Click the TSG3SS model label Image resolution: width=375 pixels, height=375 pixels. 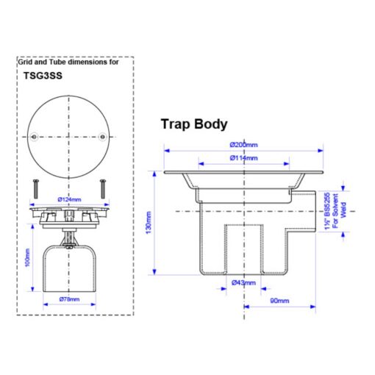click(x=43, y=76)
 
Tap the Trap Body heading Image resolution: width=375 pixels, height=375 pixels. click(x=194, y=124)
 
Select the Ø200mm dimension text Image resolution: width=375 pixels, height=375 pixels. click(x=243, y=145)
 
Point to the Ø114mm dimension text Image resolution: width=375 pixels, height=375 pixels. click(x=243, y=158)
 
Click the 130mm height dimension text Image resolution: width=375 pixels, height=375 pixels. click(x=149, y=223)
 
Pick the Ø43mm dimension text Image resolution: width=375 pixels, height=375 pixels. click(x=243, y=283)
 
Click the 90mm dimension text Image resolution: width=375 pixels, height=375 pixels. click(x=279, y=301)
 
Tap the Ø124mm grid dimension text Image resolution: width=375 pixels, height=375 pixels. click(x=69, y=199)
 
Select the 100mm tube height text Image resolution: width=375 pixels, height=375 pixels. click(x=27, y=257)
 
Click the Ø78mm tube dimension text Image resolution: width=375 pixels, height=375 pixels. click(x=69, y=299)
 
